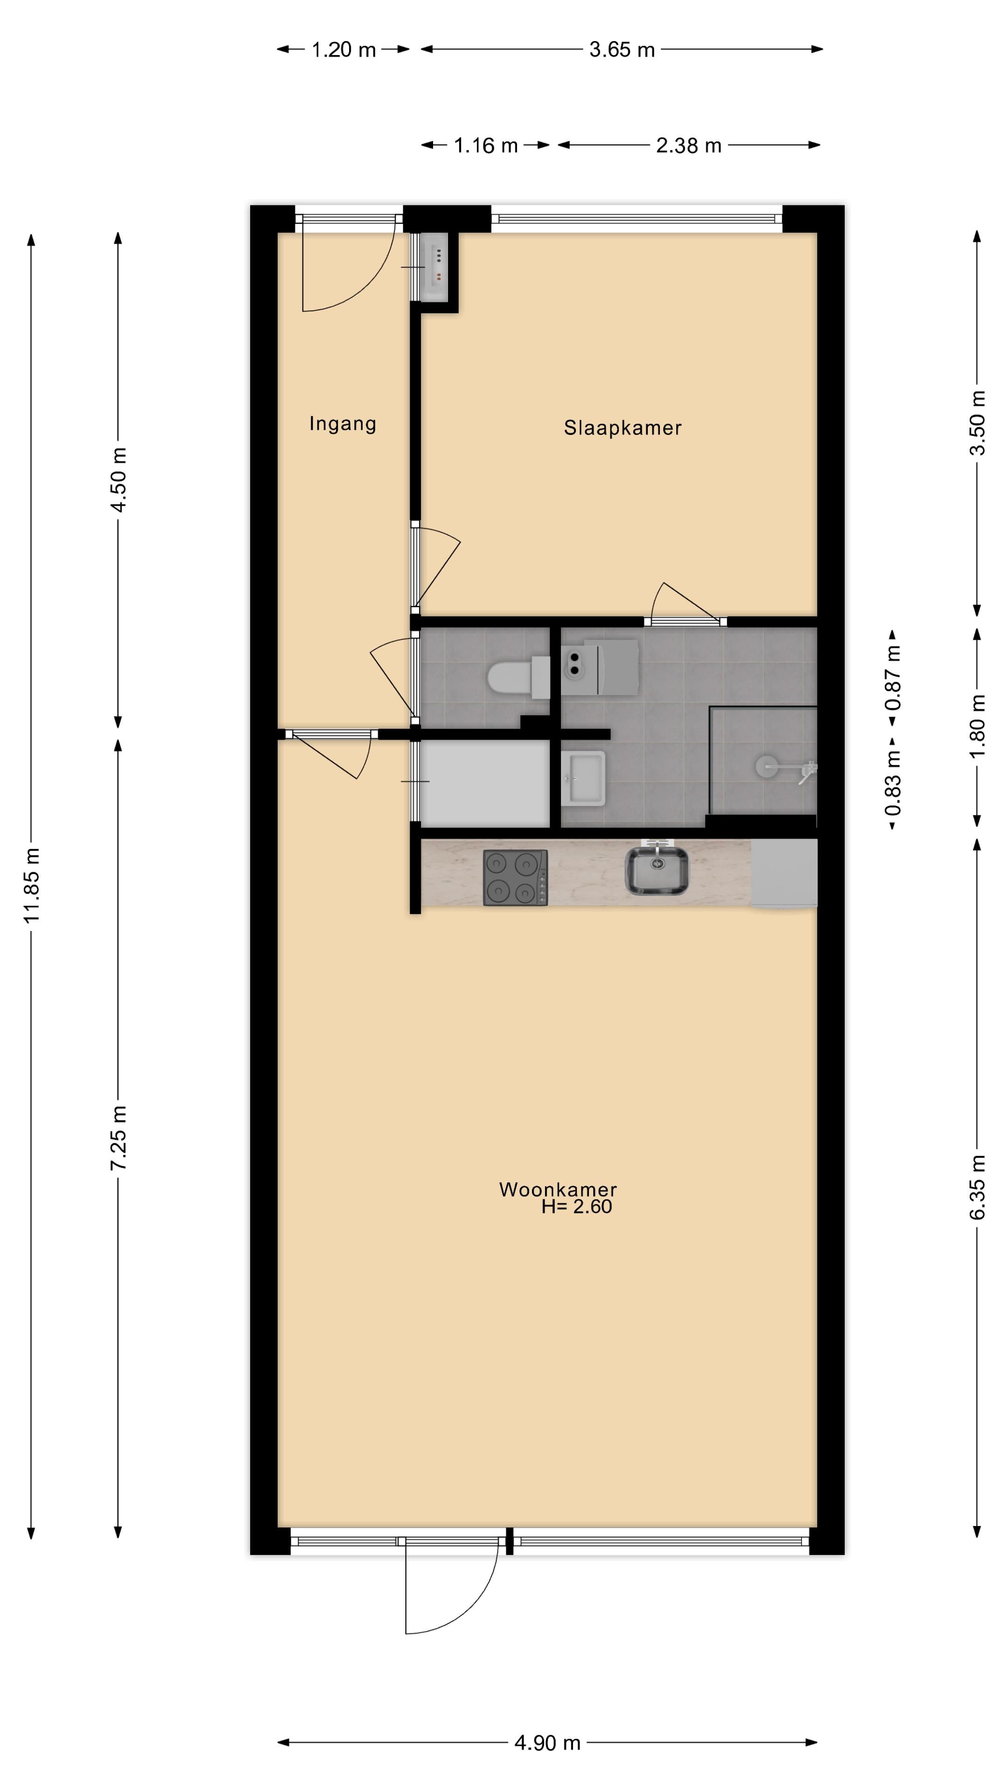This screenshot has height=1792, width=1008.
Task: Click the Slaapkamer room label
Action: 622,428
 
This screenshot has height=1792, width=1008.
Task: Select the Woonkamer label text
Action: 558,1189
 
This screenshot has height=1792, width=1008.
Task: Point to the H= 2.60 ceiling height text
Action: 577,1206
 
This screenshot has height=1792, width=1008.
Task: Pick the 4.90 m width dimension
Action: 547,1743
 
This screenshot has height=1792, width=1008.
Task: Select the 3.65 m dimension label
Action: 622,50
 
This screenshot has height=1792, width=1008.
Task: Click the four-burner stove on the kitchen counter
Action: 516,877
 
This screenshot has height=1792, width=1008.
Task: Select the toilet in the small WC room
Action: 519,677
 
